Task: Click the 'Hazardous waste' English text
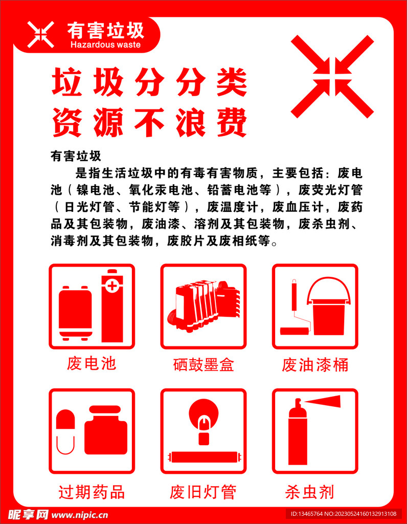[105, 45]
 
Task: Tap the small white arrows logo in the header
[40, 34]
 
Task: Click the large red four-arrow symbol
[332, 76]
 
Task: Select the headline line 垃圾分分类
[150, 83]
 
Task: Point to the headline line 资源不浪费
[150, 123]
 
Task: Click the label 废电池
[92, 364]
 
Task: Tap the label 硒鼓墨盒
[203, 365]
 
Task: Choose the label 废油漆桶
[315, 365]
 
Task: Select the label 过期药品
[92, 492]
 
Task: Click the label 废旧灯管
[203, 492]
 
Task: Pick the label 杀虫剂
[309, 492]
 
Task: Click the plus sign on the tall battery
[112, 285]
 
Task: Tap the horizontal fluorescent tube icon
[203, 456]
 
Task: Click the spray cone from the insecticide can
[323, 402]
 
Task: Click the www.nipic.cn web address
[80, 514]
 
